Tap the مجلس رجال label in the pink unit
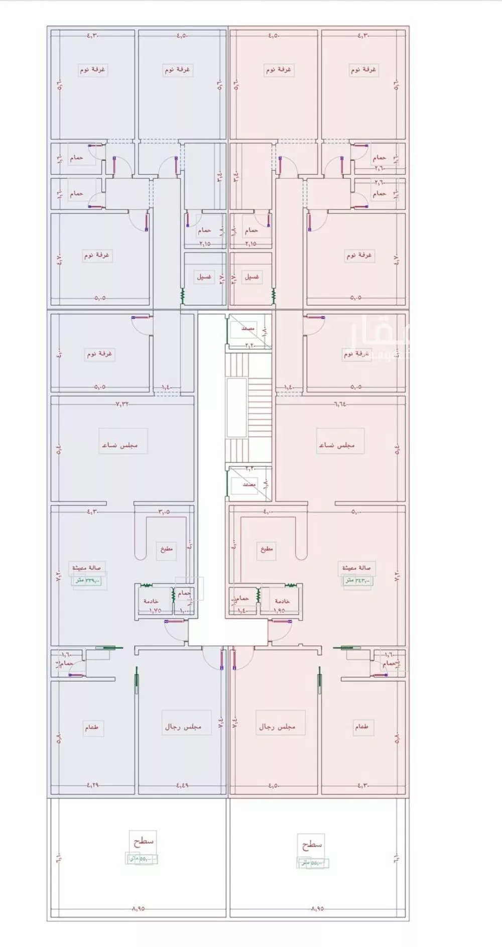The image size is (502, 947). coord(277,727)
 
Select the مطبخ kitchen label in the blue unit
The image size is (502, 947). coord(166,549)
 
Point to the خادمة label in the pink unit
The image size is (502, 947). coord(282,601)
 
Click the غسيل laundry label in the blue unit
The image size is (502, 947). coord(204,277)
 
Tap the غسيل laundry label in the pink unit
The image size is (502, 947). coord(252,277)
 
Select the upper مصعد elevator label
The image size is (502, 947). coord(248,328)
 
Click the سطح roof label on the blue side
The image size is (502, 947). coord(143,840)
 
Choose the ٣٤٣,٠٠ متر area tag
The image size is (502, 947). coord(357,580)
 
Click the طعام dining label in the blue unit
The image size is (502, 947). coord(91,727)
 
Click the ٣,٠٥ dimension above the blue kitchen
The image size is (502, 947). coord(164,512)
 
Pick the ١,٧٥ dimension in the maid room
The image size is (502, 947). coord(155,611)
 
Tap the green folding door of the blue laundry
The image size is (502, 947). coord(183,296)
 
